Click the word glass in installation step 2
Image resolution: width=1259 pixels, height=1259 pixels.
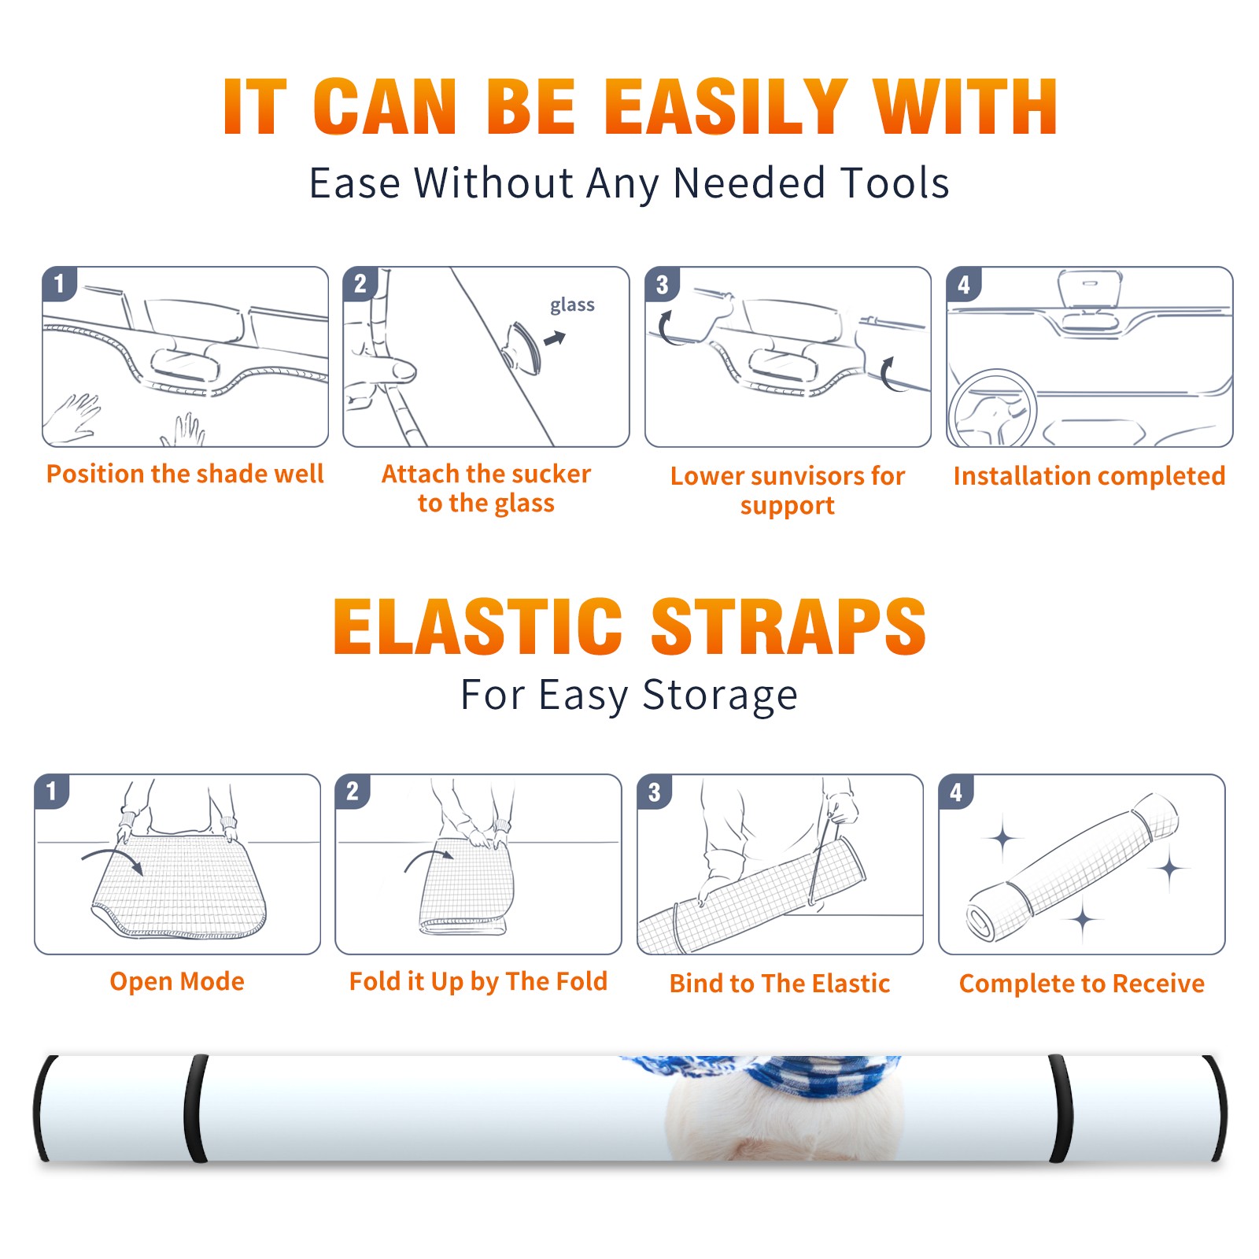point(572,305)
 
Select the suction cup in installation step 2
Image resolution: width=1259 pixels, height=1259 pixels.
point(522,346)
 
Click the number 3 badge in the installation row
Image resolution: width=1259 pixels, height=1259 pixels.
point(662,285)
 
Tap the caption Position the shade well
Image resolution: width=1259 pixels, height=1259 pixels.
point(185,474)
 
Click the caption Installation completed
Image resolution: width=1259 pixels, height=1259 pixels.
point(1089,476)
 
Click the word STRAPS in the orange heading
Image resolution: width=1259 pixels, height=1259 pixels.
point(788,626)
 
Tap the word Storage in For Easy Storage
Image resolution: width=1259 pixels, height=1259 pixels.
point(720,696)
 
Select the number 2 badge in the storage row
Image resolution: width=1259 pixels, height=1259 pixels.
point(352,791)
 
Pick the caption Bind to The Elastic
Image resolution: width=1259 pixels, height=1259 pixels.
point(780,984)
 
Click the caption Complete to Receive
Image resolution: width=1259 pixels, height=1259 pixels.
point(1082,984)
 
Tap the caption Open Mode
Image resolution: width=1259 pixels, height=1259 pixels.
point(177,982)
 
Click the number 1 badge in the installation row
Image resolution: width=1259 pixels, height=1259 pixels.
point(59,283)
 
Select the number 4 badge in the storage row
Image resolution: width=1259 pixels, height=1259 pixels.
point(955,792)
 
